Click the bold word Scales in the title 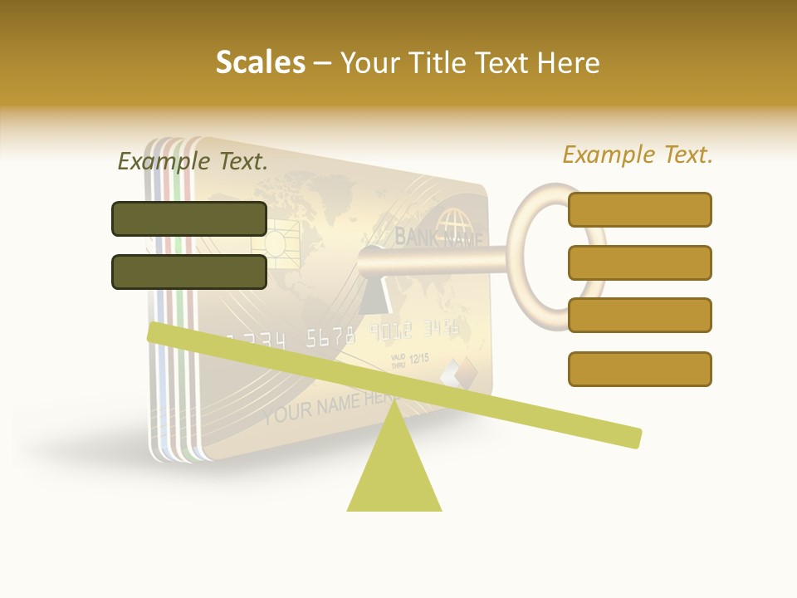[260, 63]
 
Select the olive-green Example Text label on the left [193, 161]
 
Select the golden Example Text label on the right [638, 154]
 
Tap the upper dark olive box [189, 218]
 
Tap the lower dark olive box [189, 272]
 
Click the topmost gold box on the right [639, 209]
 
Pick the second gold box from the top [639, 262]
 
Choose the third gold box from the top [639, 315]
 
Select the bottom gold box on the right [639, 369]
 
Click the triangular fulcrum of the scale [394, 469]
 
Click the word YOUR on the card [288, 411]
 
